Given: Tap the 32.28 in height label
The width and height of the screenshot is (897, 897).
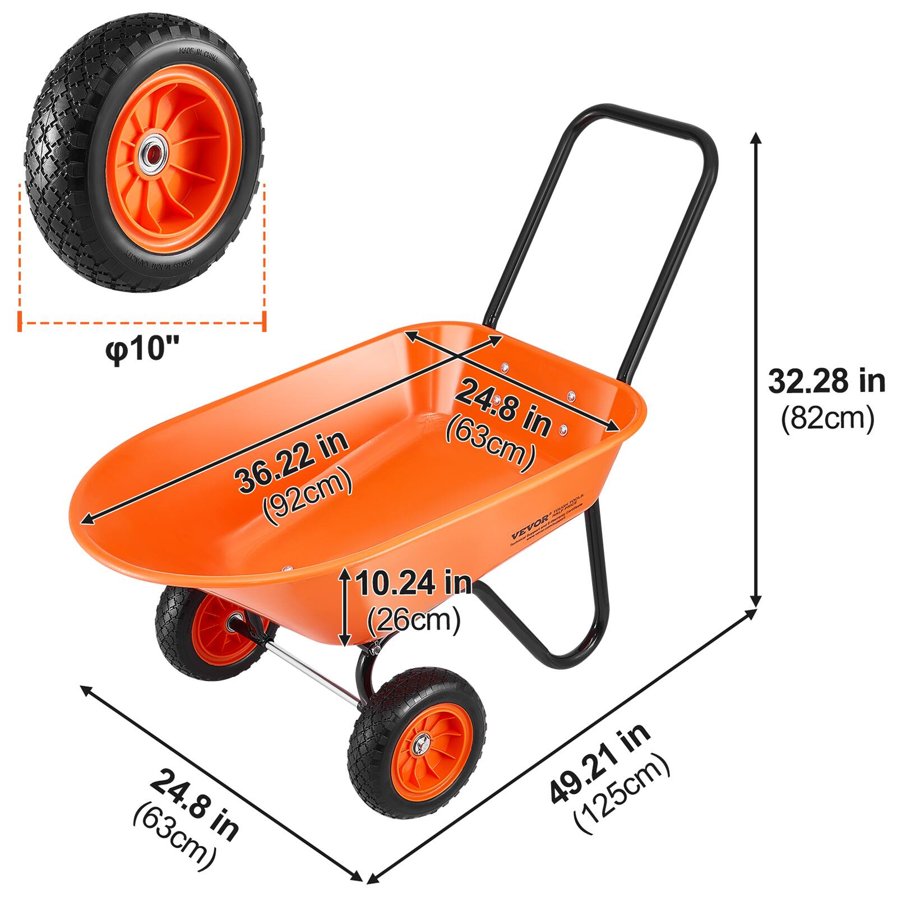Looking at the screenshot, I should (826, 382).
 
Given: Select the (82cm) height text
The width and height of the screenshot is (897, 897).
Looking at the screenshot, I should (827, 418).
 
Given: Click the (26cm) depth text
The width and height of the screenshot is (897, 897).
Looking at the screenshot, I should (414, 619).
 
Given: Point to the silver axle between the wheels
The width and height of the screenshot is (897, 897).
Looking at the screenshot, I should (311, 670).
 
